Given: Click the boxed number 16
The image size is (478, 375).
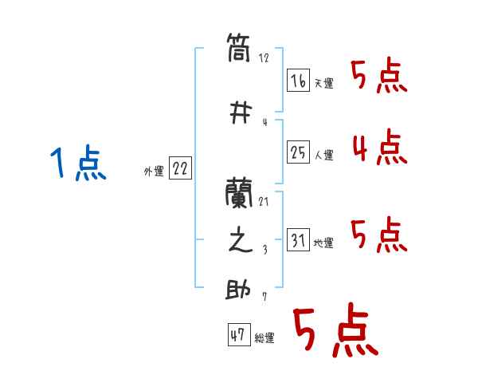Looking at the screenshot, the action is [299, 80].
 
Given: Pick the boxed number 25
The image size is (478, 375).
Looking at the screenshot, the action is [299, 153].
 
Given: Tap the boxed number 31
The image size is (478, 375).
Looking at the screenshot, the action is [299, 241].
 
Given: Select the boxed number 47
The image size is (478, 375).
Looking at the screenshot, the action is [238, 336].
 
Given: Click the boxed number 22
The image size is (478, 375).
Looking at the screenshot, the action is [180, 169].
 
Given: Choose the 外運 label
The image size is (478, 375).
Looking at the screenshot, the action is [153, 171].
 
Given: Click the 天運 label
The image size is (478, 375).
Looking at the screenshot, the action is [323, 83].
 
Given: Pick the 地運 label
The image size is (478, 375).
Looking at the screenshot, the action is [323, 243].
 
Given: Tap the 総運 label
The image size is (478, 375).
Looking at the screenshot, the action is [264, 338].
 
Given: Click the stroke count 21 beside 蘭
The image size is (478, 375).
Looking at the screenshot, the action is [264, 201].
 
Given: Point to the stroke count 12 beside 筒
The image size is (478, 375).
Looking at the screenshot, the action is [264, 57].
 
